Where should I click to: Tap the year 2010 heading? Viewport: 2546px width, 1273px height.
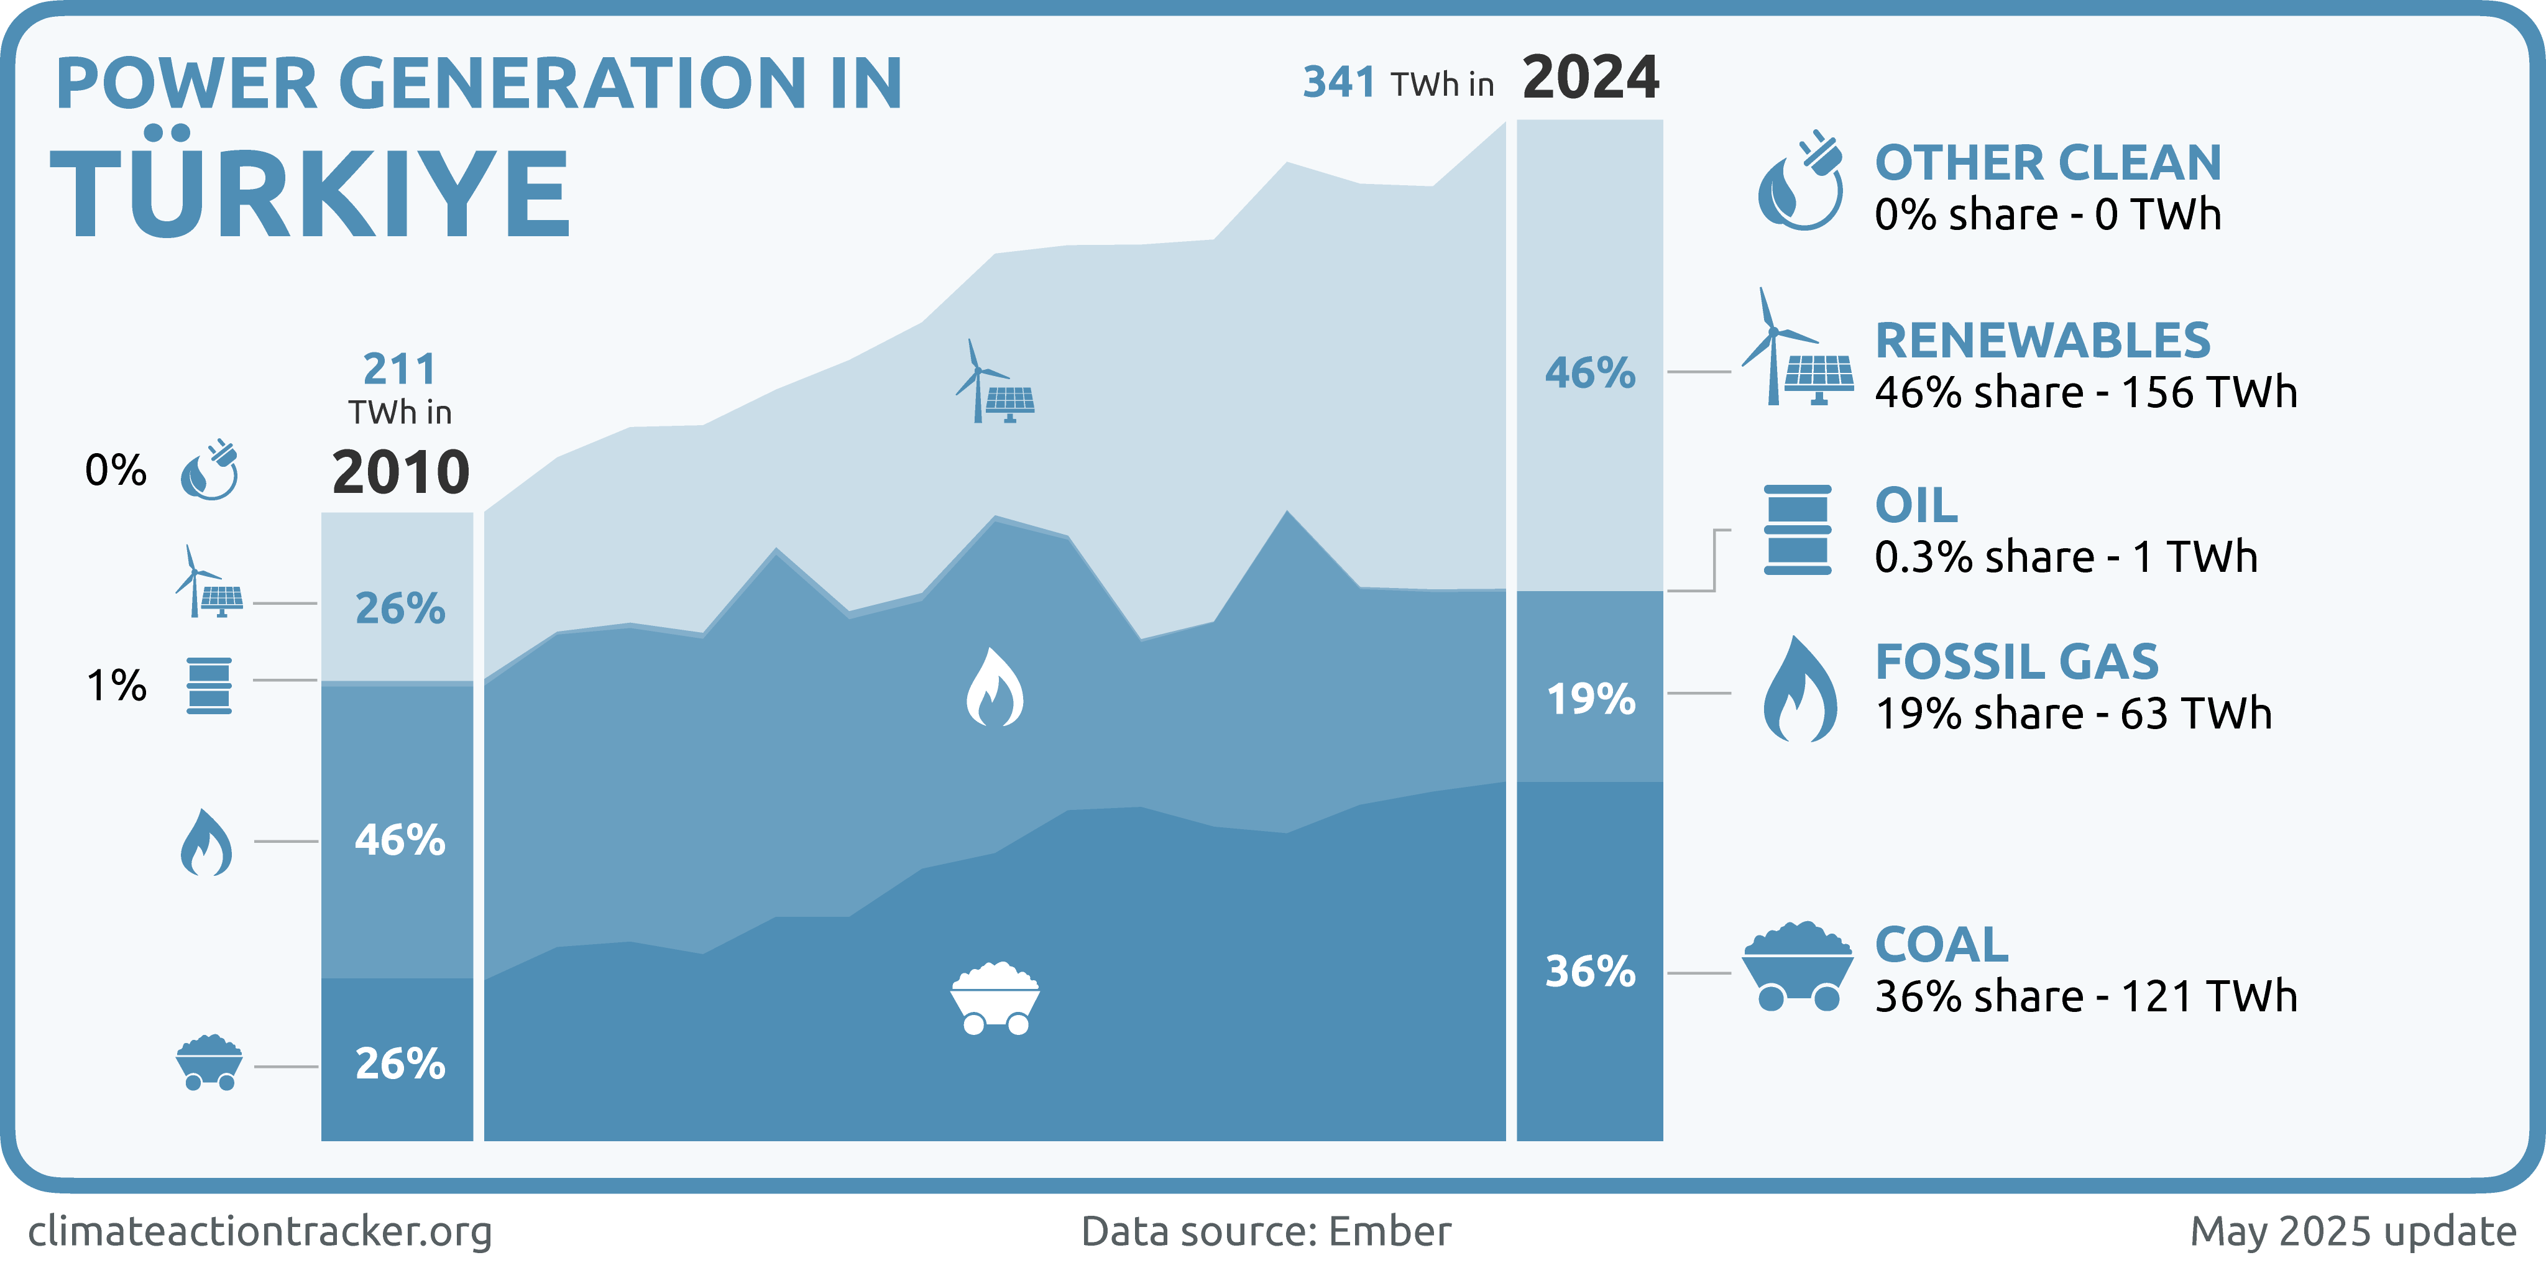click(400, 472)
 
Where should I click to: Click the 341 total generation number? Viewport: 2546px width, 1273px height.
click(1338, 82)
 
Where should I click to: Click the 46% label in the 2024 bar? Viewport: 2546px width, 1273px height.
click(1590, 372)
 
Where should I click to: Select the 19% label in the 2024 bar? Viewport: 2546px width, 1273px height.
click(1590, 699)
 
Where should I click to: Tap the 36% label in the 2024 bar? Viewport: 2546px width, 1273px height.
click(1590, 972)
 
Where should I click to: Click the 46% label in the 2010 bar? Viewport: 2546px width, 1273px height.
click(399, 840)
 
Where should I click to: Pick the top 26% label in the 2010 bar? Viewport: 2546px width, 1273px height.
click(399, 608)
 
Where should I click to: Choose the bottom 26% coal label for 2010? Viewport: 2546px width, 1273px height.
click(399, 1064)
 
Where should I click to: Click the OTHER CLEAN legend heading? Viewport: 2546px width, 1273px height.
click(2048, 163)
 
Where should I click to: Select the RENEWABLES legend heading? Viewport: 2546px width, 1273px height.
click(2042, 341)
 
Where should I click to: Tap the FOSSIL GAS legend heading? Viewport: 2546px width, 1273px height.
click(2016, 662)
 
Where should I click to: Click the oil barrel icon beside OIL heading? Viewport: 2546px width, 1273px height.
click(1797, 530)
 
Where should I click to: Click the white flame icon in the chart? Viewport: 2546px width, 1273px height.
click(995, 688)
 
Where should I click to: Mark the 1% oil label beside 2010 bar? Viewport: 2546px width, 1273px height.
click(117, 685)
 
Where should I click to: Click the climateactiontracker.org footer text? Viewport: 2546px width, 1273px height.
click(260, 1231)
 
